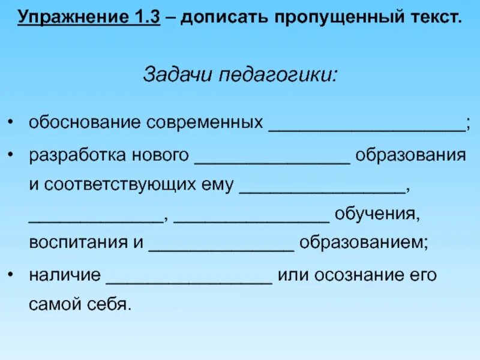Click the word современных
[205, 123]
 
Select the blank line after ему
[323, 190]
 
